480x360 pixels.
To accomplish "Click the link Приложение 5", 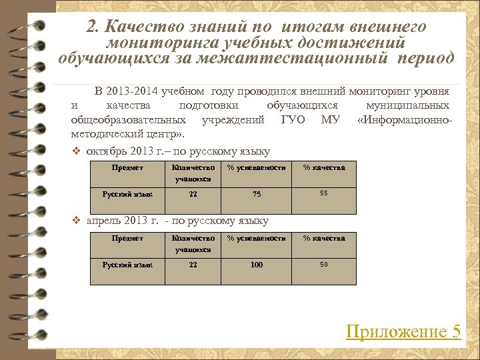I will point(403,331).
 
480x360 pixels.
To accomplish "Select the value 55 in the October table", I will point(324,193).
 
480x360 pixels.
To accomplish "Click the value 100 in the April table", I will point(257,265).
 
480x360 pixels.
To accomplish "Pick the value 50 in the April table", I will point(324,264).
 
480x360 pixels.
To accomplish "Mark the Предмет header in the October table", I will point(127,167).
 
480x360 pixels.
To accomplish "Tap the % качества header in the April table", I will point(324,238).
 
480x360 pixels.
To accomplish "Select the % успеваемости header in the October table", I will point(257,167).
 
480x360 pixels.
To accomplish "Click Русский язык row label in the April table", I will point(127,265).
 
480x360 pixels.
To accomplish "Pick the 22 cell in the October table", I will point(193,194).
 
